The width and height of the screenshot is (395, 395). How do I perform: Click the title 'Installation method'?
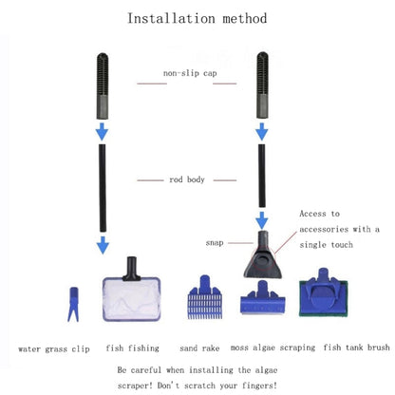tap(197, 18)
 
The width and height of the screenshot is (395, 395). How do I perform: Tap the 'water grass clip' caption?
tap(54, 348)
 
